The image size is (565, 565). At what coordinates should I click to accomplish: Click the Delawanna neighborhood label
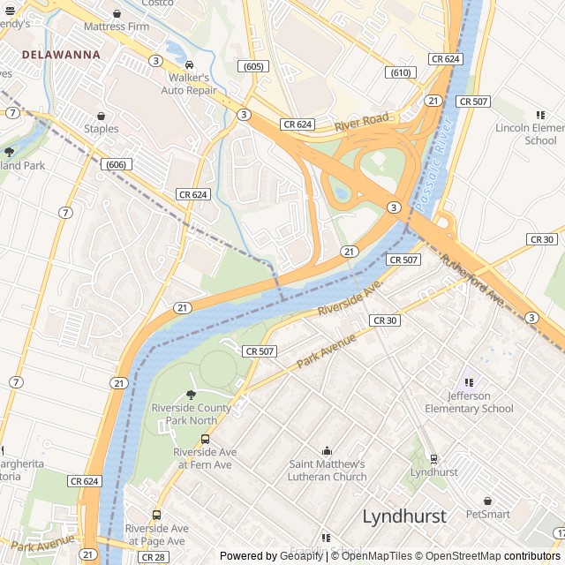point(60,55)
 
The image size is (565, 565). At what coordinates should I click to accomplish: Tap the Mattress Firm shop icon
point(117,14)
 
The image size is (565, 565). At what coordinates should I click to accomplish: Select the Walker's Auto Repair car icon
point(189,65)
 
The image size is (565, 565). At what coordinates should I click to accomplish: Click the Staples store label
point(101,129)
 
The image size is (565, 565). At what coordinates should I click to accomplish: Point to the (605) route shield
point(252,67)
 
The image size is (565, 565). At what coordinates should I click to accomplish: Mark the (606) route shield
point(116,165)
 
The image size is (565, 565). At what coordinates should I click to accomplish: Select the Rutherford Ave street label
point(473,282)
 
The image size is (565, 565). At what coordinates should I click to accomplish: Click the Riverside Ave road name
point(349,298)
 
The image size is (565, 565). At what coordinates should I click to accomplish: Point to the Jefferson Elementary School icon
point(469,382)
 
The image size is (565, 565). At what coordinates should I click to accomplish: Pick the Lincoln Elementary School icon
point(540,115)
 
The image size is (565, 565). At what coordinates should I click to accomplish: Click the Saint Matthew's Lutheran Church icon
point(327,451)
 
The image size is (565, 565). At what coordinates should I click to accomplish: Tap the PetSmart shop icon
point(487,501)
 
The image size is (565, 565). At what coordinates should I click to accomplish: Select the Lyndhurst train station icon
point(433,459)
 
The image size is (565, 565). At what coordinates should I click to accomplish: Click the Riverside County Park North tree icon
point(191,395)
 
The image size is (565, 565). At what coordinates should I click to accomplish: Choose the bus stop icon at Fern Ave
point(205,439)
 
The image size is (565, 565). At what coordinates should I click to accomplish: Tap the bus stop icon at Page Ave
point(156,516)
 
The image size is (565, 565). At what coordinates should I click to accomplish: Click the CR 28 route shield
point(154,558)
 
